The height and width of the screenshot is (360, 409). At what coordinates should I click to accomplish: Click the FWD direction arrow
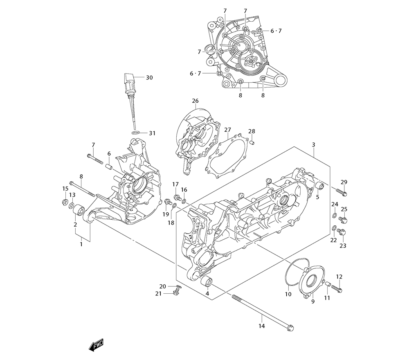point(96,344)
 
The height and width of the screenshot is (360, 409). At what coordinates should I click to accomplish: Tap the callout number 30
point(149,77)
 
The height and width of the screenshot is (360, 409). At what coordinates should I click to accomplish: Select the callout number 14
point(262,326)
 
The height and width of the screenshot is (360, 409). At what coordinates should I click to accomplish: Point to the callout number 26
point(195,101)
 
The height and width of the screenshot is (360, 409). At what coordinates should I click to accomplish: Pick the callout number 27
point(227,130)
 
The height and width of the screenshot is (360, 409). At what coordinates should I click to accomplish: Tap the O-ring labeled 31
point(137,133)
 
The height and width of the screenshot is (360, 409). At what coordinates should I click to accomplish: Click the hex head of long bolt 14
point(291,327)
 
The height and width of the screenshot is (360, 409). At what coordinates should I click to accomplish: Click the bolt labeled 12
point(337,288)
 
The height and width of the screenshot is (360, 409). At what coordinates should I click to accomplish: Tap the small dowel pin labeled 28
point(252,142)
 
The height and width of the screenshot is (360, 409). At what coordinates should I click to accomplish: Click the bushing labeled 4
point(207,282)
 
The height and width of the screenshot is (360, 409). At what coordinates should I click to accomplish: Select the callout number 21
point(158,294)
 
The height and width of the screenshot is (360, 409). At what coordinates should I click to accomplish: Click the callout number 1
point(81,244)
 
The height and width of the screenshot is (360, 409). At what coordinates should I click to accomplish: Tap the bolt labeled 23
point(342,233)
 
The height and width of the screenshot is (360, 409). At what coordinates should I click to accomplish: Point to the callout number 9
point(313,301)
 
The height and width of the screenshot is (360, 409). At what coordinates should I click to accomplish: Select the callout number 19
point(166,214)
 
